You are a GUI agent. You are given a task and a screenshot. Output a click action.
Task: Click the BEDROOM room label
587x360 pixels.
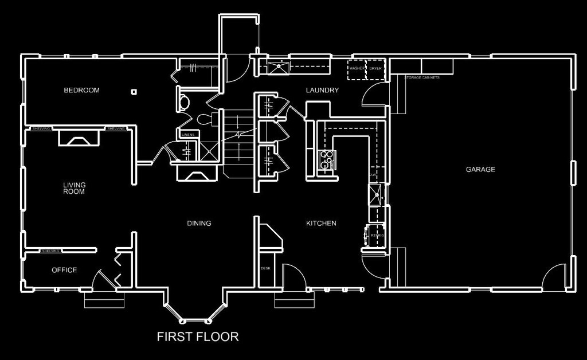tap(81, 90)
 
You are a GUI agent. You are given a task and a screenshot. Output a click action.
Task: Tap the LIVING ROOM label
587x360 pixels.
tap(74, 188)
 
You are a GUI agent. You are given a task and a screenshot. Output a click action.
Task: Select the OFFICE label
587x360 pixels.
tap(64, 270)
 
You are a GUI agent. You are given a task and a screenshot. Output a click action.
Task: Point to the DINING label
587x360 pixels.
tap(199, 223)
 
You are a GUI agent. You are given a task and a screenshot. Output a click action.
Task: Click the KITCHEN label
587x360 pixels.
tap(321, 223)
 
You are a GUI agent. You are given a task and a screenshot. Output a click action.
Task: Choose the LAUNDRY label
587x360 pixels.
tap(322, 90)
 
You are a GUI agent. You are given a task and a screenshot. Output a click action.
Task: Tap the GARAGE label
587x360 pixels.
tap(480, 169)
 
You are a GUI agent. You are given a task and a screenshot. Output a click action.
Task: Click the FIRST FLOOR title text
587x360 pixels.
tap(198, 336)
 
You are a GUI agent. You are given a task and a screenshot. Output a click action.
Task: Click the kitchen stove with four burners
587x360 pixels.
tap(326, 160)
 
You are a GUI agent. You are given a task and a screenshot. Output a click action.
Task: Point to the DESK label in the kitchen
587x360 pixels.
tap(265, 268)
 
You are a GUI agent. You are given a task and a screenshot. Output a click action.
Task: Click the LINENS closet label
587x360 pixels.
tap(189, 135)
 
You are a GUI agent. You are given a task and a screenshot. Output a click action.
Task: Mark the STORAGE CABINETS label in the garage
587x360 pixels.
tap(422, 77)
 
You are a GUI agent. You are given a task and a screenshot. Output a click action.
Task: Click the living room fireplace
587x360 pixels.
tap(78, 138)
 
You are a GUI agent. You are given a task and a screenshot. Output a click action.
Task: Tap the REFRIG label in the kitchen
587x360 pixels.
tap(377, 235)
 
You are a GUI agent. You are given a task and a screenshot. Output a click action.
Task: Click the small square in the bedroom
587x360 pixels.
tap(134, 91)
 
